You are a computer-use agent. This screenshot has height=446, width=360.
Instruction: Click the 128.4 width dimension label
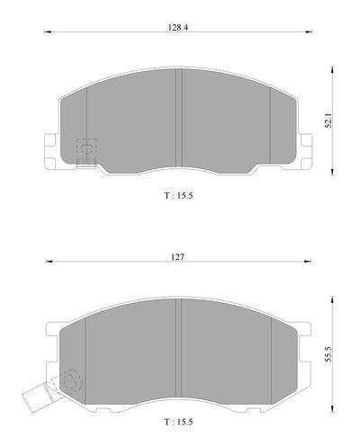tap(177, 28)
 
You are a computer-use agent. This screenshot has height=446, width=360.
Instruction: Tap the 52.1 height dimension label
tap(328, 120)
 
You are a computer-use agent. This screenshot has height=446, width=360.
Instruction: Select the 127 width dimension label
tap(177, 257)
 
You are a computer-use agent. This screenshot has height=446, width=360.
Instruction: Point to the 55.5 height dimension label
tap(328, 354)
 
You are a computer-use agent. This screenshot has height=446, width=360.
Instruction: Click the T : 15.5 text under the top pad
tap(178, 195)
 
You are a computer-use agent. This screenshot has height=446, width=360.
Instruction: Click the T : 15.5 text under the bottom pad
tap(178, 422)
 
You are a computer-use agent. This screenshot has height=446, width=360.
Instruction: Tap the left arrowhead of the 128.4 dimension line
tap(48, 31)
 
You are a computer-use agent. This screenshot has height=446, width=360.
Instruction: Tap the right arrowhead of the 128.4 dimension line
tap(309, 31)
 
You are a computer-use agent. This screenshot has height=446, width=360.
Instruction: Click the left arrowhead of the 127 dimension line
tap(49, 262)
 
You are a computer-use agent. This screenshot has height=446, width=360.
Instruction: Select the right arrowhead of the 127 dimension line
tap(308, 262)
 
